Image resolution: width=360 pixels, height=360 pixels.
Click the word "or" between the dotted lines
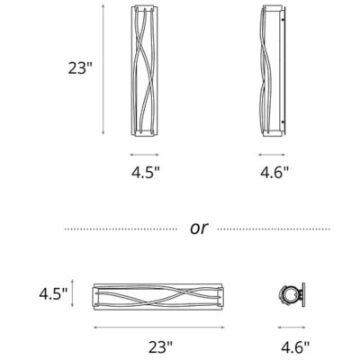199,228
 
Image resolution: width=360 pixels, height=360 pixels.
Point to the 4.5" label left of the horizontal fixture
53,293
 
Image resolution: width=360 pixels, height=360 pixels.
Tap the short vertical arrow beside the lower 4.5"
86,293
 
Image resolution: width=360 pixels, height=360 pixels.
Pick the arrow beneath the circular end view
290,324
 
